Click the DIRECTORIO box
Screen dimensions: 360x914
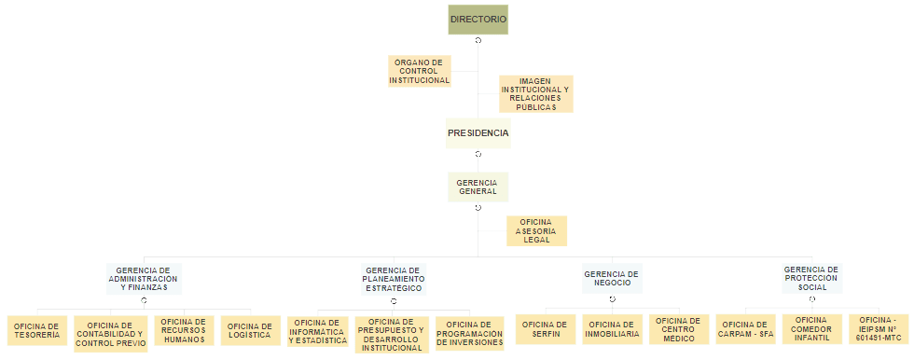pyautogui.click(x=478, y=20)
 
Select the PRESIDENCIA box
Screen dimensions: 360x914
pyautogui.click(x=478, y=133)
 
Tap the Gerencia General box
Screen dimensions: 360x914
pyautogui.click(x=478, y=187)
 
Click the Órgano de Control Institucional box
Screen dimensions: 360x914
pyautogui.click(x=419, y=72)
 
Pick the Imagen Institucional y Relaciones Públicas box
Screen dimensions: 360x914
pyautogui.click(x=536, y=93)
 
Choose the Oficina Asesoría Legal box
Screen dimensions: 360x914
pyautogui.click(x=536, y=230)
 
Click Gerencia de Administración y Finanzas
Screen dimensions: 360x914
pyautogui.click(x=144, y=278)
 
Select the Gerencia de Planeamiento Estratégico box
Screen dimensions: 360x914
pyautogui.click(x=394, y=278)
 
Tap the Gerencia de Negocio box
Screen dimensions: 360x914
pyautogui.click(x=613, y=278)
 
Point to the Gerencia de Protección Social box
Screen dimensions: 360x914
pyautogui.click(x=811, y=278)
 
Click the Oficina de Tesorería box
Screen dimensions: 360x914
pyautogui.click(x=37, y=330)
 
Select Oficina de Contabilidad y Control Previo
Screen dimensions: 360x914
pyautogui.click(x=110, y=334)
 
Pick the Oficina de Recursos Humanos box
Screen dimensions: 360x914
pyautogui.click(x=183, y=330)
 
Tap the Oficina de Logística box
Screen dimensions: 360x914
pyautogui.click(x=250, y=330)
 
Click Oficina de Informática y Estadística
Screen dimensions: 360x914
pyautogui.click(x=318, y=331)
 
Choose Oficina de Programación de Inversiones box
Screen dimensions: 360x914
pyautogui.click(x=470, y=334)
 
